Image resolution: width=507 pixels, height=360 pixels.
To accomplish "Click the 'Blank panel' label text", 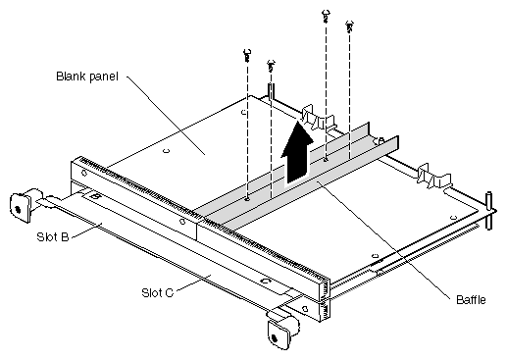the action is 87,77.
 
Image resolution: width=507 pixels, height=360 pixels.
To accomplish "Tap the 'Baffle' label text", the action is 471,300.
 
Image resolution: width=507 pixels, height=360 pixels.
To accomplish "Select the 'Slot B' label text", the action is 53,236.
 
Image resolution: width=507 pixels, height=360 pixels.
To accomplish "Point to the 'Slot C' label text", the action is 157,292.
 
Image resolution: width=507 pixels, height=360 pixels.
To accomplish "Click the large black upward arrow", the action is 297,152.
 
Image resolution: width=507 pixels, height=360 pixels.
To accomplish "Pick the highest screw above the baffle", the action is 326,16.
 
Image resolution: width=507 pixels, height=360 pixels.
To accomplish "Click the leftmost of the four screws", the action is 247,55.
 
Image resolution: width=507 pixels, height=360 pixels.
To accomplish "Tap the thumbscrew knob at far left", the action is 21,207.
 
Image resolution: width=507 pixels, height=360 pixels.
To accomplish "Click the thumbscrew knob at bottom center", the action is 281,330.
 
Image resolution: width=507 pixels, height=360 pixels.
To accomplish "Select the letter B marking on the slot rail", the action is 95,196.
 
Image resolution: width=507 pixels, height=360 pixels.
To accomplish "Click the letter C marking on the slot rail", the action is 266,281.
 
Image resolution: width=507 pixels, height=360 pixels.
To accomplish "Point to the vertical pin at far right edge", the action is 489,211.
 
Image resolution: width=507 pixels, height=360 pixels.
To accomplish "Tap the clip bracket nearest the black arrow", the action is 318,119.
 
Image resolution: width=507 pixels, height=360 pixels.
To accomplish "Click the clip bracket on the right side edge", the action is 434,177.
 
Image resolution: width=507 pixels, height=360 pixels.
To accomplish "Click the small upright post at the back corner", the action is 271,90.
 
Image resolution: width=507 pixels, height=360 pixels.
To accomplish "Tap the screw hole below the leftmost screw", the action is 247,198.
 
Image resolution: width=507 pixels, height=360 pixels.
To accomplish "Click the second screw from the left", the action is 271,66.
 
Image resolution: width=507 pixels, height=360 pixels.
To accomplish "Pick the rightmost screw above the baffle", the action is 349,26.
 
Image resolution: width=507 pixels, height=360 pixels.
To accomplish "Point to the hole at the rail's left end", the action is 84,173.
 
